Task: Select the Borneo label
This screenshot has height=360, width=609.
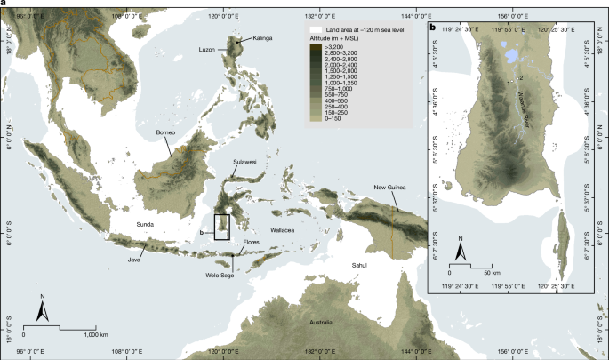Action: tap(168, 132)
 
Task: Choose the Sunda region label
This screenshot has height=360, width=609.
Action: tap(145, 226)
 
